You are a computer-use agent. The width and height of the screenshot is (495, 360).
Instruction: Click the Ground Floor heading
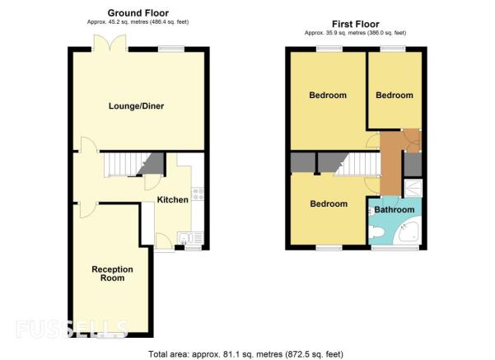pos(138,13)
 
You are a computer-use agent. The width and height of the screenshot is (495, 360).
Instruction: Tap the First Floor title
pos(356,24)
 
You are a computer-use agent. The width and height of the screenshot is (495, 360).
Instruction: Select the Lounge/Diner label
pos(136,105)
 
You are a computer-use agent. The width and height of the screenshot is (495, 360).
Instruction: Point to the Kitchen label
pos(173,199)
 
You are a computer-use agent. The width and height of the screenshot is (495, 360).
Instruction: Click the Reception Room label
pos(112,274)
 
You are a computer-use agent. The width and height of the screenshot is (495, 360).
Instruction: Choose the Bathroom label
pos(395,209)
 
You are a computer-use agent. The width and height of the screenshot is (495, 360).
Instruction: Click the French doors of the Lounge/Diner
pos(110,43)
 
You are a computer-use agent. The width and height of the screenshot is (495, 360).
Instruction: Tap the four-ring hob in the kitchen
pos(198,194)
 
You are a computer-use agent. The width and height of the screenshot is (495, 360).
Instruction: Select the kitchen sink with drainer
pos(190,237)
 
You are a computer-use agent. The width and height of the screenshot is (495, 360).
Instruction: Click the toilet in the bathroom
pos(376,232)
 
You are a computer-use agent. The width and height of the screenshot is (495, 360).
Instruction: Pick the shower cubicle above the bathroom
pos(413,188)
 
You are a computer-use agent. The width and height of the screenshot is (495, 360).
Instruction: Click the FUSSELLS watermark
pos(72,329)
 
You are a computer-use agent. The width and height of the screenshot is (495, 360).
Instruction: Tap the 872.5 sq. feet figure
pos(314,354)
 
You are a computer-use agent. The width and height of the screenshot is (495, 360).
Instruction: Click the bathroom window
pos(395,248)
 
